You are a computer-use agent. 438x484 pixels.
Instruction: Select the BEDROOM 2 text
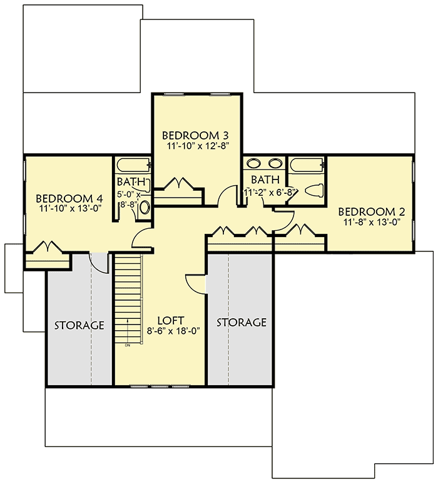(x=367, y=212)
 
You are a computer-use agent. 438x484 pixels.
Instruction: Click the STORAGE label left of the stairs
(x=79, y=325)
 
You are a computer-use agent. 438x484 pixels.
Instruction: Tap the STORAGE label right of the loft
(x=242, y=323)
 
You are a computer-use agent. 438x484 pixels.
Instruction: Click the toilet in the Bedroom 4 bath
(x=145, y=208)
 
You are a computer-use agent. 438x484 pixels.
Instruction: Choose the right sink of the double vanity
(x=275, y=165)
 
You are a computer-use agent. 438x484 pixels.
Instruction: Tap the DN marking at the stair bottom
(x=128, y=345)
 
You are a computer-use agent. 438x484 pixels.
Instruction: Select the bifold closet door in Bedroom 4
(x=46, y=248)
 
